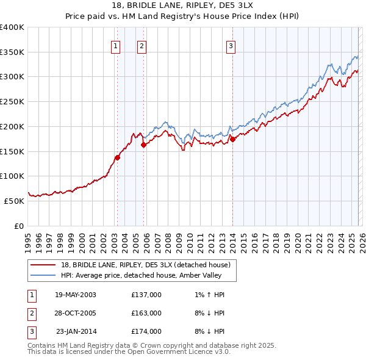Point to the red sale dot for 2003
point(117,157)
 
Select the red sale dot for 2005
point(144,145)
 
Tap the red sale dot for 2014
point(232,139)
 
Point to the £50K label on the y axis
point(14,200)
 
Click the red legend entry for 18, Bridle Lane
point(145,265)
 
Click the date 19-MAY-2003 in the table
point(75,295)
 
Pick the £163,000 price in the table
point(146,313)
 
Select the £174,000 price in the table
point(146,331)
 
